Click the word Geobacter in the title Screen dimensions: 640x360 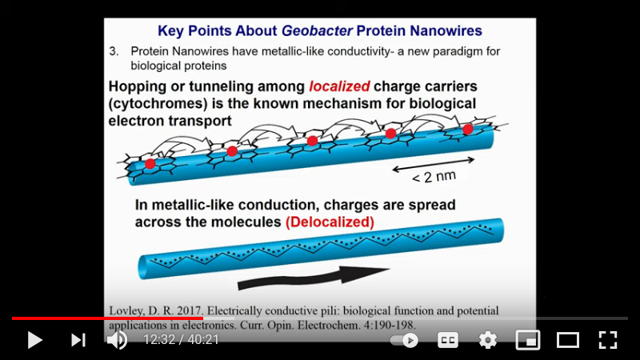click(317, 30)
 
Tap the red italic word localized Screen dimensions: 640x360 click(339, 86)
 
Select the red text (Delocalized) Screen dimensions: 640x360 click(330, 222)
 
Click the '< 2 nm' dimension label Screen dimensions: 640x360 click(434, 177)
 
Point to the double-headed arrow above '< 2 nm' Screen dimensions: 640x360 click(433, 165)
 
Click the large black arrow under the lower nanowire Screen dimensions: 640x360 click(314, 278)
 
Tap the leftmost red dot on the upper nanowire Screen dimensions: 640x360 click(150, 164)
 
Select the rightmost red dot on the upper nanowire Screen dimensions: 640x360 click(468, 130)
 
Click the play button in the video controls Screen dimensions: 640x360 click(34, 340)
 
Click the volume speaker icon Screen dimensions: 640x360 click(117, 340)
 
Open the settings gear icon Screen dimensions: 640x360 click(488, 340)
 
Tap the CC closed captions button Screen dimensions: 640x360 click(448, 340)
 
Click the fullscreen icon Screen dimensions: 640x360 click(608, 340)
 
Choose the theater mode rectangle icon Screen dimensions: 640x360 click(568, 340)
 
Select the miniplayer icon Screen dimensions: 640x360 click(528, 340)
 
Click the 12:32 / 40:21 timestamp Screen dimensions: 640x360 click(182, 339)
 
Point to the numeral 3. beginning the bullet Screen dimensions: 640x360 click(114, 51)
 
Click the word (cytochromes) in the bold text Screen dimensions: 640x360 click(158, 104)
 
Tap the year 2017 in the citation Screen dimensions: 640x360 click(189, 311)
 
